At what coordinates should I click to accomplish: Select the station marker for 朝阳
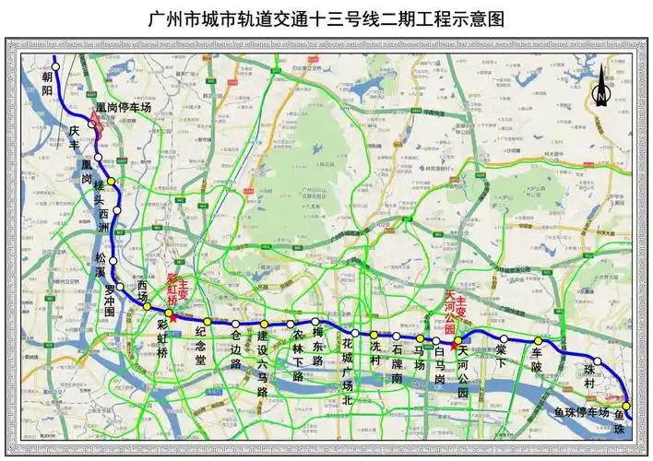point(55,66)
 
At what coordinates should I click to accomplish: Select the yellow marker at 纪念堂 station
point(208,322)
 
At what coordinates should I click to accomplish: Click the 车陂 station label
point(538,360)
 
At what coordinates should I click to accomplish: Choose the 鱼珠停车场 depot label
point(581,412)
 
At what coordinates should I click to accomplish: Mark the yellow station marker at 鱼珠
point(626,406)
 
